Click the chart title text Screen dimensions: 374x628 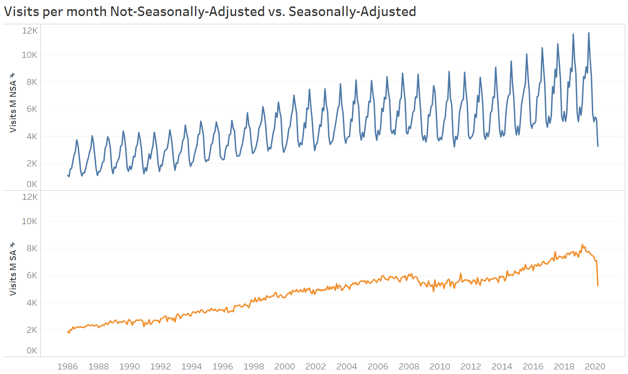click(210, 11)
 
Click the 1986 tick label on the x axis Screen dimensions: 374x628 click(67, 366)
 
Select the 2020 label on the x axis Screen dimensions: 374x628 click(595, 366)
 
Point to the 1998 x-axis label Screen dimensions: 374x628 click(254, 366)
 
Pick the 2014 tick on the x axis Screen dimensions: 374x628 click(502, 366)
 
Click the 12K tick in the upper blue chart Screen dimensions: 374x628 click(30, 30)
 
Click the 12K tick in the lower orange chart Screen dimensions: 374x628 click(30, 197)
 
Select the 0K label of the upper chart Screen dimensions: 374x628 click(32, 184)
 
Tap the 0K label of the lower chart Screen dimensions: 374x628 click(32, 351)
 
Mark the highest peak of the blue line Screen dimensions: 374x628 click(589, 33)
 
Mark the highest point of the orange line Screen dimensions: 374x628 click(582, 245)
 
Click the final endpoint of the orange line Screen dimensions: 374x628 click(598, 286)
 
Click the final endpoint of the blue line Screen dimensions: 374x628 click(598, 146)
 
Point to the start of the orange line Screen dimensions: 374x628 click(68, 331)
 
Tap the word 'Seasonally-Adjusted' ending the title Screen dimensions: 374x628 click(352, 11)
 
